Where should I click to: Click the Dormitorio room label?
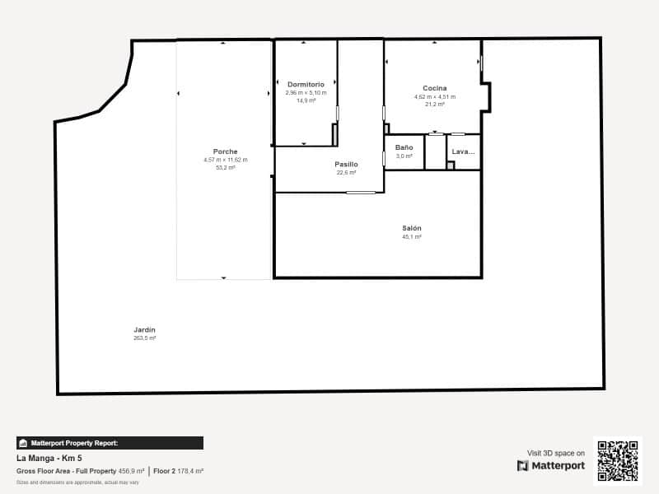click(306, 84)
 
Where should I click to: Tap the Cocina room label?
click(434, 88)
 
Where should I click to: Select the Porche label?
click(225, 151)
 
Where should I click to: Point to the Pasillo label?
click(346, 164)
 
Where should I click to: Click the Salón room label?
click(412, 228)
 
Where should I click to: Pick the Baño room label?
click(404, 147)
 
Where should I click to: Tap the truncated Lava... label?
click(463, 151)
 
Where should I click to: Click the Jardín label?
click(144, 329)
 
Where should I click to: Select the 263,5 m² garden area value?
click(144, 338)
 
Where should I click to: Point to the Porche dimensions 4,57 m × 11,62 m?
click(225, 160)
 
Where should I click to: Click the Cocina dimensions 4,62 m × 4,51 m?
click(434, 96)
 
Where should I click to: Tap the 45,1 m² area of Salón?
click(412, 237)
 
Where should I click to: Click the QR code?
click(617, 461)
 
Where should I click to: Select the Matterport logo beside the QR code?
click(551, 466)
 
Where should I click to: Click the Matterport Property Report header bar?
click(110, 443)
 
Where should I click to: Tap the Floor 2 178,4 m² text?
click(179, 471)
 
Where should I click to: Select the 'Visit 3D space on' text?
click(556, 453)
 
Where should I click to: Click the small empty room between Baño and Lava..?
click(435, 152)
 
